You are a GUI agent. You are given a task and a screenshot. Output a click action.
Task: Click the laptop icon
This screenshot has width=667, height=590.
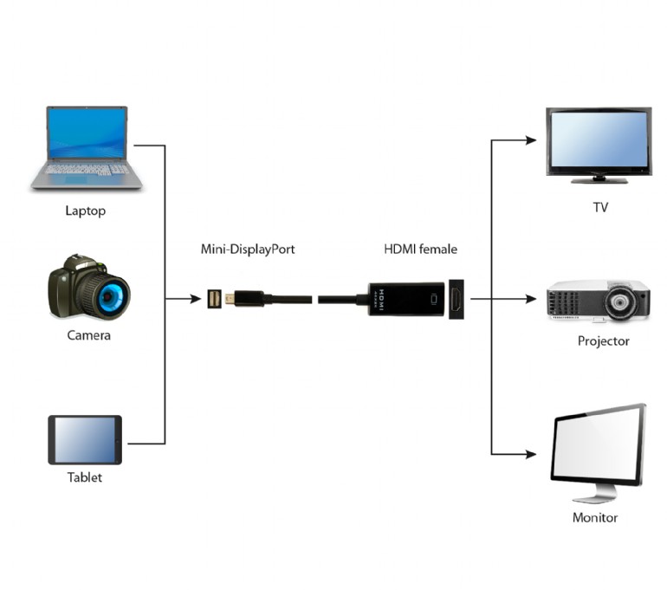coord(87,147)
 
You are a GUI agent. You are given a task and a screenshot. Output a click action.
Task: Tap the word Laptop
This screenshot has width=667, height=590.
coord(86,211)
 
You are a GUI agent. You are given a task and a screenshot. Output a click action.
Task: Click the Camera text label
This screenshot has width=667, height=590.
coord(88,335)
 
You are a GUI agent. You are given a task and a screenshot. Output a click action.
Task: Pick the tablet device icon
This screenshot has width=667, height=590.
coord(85,440)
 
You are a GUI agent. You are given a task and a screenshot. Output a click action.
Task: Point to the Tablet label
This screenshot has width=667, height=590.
coord(85,477)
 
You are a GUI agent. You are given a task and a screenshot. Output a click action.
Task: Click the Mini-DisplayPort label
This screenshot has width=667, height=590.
coord(248,250)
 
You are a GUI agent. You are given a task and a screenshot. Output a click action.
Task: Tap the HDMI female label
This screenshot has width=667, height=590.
coord(420,250)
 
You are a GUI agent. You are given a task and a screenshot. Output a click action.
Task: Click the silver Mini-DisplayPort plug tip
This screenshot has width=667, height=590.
coord(230,300)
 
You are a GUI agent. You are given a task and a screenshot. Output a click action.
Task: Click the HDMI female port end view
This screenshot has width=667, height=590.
coord(455,299)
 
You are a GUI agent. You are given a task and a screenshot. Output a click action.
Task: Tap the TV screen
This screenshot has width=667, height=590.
coord(598,141)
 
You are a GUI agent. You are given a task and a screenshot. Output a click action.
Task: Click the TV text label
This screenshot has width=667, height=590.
coord(599,208)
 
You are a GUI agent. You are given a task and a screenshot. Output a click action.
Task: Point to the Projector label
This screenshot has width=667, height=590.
coord(603,341)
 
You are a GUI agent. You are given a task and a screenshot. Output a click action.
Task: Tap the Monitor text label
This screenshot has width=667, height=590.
coord(595,518)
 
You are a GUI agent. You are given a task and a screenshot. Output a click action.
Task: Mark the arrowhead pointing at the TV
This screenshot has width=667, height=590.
coord(532,139)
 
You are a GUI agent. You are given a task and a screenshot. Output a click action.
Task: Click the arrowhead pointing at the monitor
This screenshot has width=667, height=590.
coord(532,454)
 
